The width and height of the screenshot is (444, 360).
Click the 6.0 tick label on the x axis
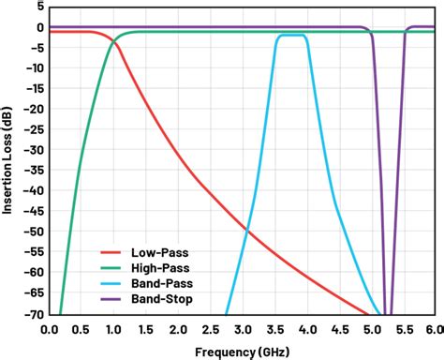click(434, 329)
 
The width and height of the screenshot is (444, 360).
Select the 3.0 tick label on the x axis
click(242, 329)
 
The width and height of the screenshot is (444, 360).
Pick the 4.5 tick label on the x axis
click(337, 329)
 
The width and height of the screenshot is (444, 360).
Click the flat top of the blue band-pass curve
click(292, 35)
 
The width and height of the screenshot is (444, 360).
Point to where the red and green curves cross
click(114, 40)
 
